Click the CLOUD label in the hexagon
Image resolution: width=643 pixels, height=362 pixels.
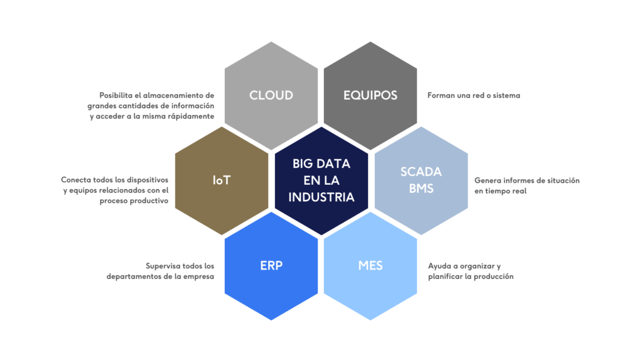point(271,96)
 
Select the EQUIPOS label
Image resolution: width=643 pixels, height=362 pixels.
point(370,96)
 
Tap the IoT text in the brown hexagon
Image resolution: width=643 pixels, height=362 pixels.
point(222,180)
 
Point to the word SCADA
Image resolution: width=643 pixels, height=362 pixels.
point(421,172)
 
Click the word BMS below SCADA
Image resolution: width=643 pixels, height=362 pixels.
point(421,188)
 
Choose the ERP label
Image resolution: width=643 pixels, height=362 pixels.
point(271,265)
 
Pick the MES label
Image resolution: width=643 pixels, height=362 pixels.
point(370,265)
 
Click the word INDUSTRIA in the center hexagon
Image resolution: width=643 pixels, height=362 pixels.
point(321,197)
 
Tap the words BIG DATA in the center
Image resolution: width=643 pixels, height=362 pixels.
point(321,163)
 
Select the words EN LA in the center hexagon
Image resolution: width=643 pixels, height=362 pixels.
point(321,180)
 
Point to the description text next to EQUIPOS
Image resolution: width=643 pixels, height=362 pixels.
point(473,96)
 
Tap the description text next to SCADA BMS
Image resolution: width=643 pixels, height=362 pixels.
point(526,185)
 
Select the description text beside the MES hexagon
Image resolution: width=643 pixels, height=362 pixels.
point(470,271)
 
